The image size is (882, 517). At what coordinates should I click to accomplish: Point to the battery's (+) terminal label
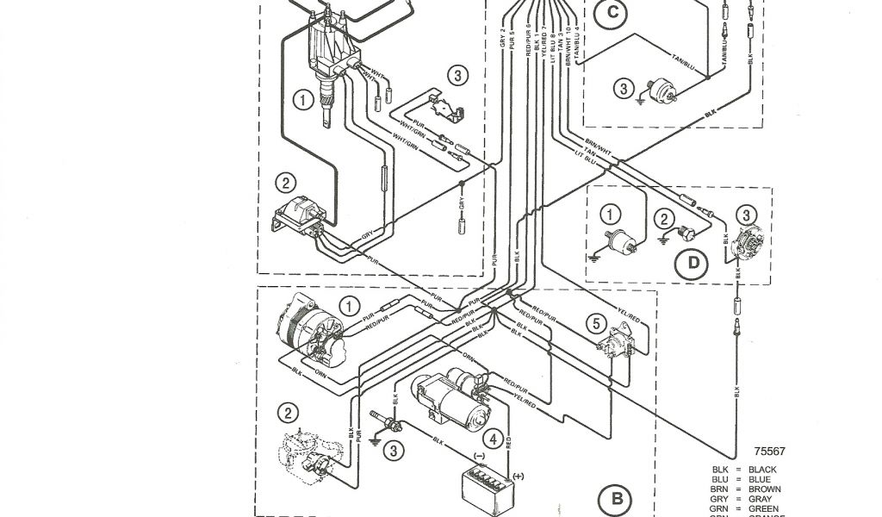click(518, 476)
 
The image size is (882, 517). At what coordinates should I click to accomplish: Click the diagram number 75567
click(769, 451)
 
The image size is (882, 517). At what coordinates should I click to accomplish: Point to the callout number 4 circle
click(491, 439)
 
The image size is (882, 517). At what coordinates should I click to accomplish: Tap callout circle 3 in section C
click(623, 87)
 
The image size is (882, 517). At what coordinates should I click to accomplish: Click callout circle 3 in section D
click(746, 215)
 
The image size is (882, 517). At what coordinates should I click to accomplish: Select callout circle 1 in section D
click(610, 215)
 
